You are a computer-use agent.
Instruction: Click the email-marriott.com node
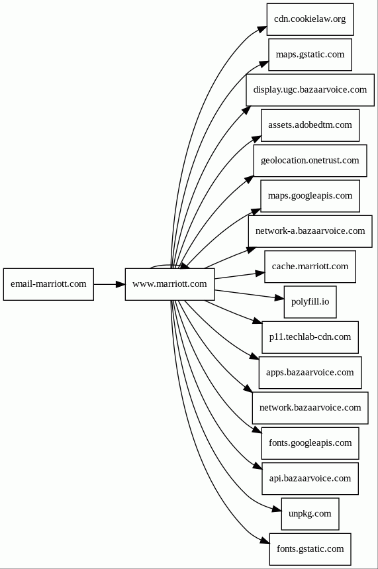(x=48, y=284)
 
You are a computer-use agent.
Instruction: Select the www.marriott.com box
(x=169, y=284)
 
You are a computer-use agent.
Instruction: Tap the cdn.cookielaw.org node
(x=310, y=19)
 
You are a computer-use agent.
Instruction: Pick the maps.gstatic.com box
(x=310, y=54)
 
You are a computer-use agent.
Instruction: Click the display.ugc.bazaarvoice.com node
(x=310, y=90)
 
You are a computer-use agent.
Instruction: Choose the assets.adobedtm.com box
(x=310, y=125)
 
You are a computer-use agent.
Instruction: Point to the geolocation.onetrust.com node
(x=310, y=161)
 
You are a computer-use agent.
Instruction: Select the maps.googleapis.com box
(x=310, y=196)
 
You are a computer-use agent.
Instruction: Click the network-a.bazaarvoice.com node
(x=310, y=231)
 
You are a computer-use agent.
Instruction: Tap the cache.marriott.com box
(x=310, y=267)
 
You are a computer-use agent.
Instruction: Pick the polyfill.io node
(x=310, y=302)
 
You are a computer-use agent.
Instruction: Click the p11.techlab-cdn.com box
(x=310, y=337)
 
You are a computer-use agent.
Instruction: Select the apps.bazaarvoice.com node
(x=310, y=373)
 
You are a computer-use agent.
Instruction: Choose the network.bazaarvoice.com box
(x=310, y=408)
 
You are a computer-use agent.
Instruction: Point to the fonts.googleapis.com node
(x=310, y=443)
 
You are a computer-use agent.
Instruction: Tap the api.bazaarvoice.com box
(x=310, y=479)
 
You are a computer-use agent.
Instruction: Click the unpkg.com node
(x=310, y=514)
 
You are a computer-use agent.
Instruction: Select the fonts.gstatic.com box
(x=310, y=549)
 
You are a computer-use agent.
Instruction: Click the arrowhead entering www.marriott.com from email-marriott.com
(x=120, y=284)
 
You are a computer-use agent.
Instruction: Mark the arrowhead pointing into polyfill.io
(x=279, y=298)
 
